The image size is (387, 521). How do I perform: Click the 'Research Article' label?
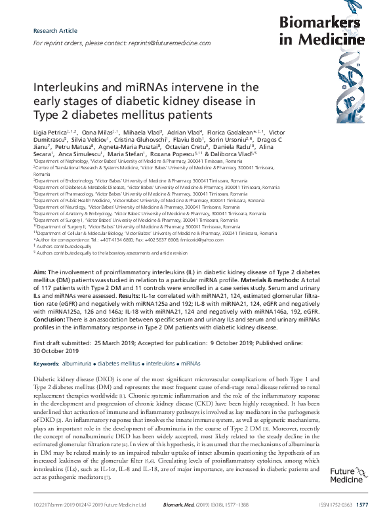tap(51, 31)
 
